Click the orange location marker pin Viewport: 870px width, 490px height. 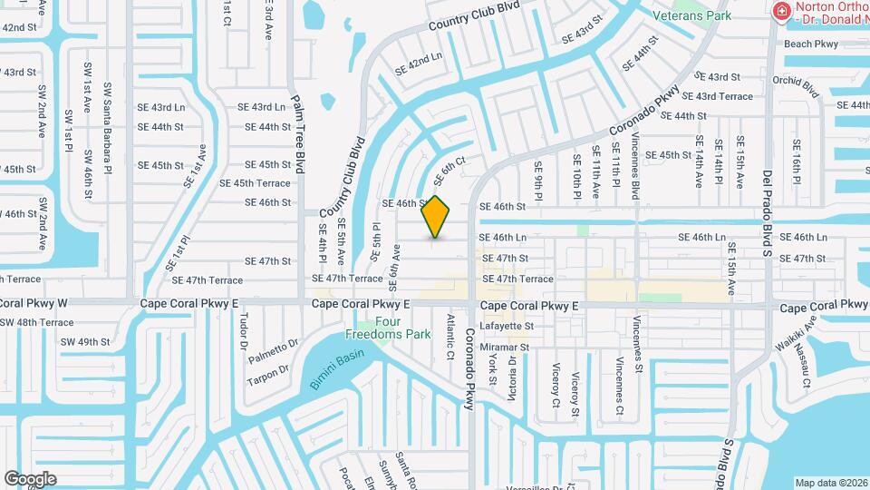pyautogui.click(x=436, y=217)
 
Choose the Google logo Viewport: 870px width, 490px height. pyautogui.click(x=30, y=478)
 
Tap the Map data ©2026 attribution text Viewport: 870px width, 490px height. pyautogui.click(x=830, y=482)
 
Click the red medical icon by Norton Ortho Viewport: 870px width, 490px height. pyautogui.click(x=780, y=11)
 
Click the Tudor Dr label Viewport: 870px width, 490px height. pyautogui.click(x=243, y=332)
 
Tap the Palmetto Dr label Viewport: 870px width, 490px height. pyautogui.click(x=273, y=346)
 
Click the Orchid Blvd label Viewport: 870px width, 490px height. pyautogui.click(x=797, y=86)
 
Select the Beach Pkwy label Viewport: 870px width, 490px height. pyautogui.click(x=811, y=44)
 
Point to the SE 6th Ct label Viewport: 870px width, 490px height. pyautogui.click(x=453, y=166)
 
